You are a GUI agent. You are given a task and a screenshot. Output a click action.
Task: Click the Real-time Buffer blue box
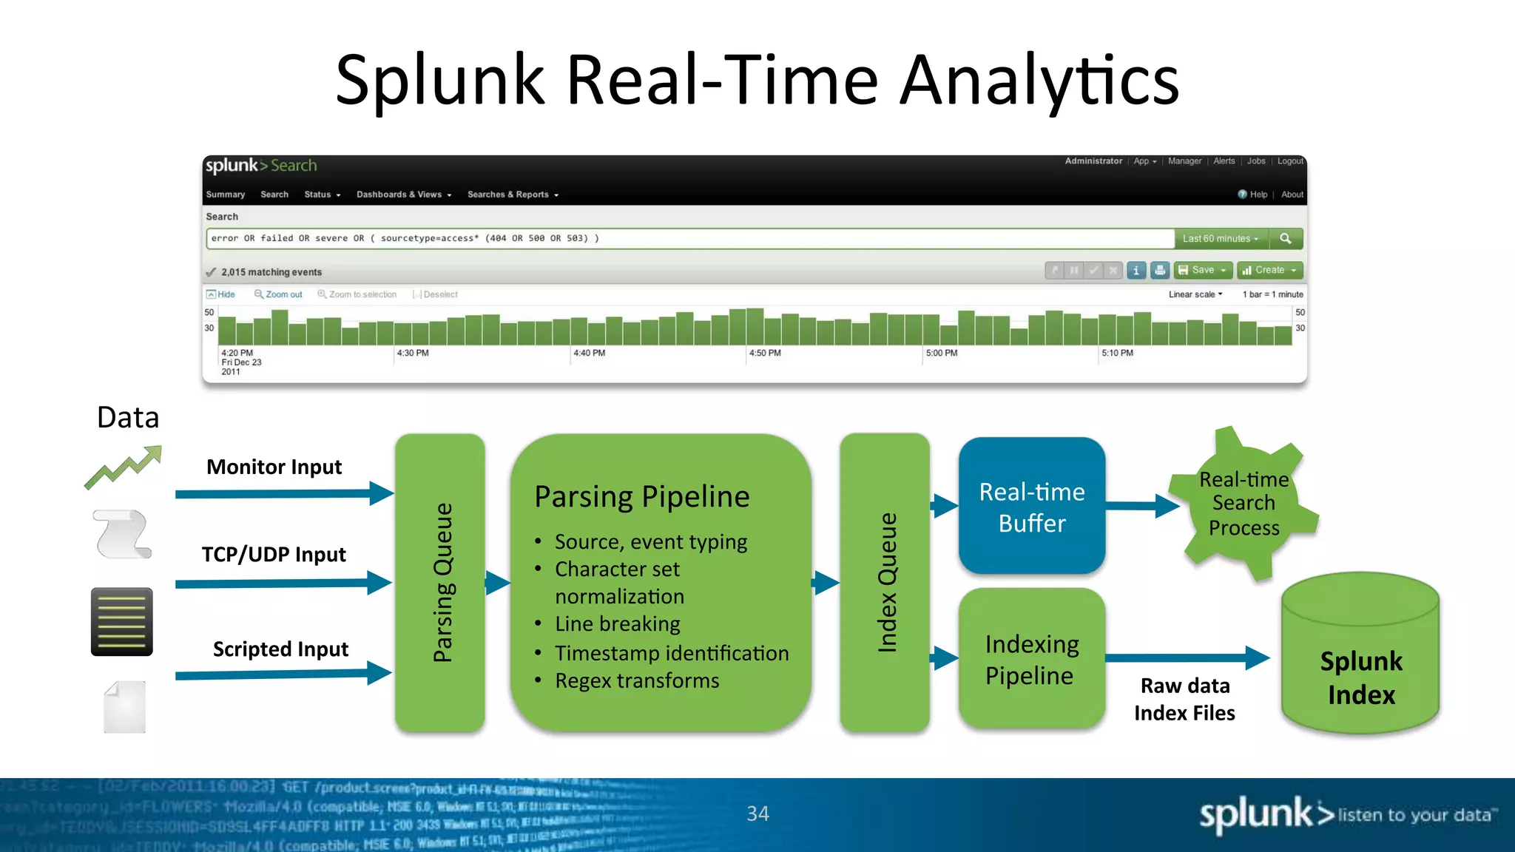(1031, 507)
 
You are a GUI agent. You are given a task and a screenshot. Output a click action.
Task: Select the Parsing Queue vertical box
(440, 583)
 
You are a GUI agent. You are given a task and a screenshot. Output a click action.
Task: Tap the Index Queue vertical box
(885, 583)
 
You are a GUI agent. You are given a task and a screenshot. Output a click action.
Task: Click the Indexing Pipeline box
(1031, 659)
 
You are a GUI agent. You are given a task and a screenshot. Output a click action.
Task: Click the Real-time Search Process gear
(1244, 504)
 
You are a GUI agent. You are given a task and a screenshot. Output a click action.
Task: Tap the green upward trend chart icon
(123, 467)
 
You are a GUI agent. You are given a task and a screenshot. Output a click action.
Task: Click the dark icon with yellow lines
(122, 622)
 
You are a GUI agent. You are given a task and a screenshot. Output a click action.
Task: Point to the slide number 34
(757, 814)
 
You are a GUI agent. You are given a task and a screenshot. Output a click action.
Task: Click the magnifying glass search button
(1286, 238)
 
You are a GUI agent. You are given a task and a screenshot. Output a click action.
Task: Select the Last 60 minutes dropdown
(1221, 238)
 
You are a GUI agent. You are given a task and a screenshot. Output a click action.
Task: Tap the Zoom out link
(279, 294)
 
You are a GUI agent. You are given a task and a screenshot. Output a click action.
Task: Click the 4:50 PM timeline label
(765, 354)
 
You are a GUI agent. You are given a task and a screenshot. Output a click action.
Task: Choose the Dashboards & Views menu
(403, 195)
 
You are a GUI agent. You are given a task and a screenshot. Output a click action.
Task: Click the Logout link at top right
(1290, 161)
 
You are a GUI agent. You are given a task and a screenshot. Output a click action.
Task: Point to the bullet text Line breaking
(618, 624)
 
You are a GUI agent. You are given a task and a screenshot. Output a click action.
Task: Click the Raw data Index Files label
(1184, 699)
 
